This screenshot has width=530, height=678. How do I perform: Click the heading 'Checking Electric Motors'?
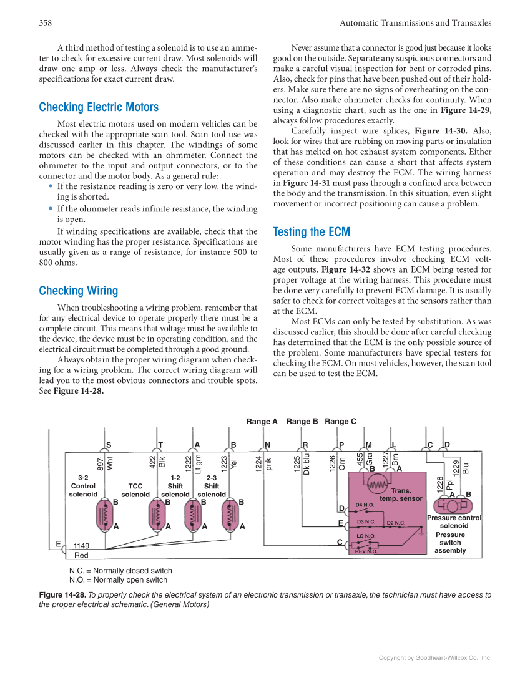(99, 107)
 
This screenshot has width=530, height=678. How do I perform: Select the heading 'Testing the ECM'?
(312, 232)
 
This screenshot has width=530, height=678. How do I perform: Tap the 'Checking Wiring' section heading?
(78, 291)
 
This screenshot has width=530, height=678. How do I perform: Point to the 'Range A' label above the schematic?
(262, 422)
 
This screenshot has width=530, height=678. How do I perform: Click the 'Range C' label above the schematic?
(340, 422)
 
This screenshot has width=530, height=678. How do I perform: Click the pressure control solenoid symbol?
(453, 506)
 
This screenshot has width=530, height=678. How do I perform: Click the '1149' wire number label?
(81, 546)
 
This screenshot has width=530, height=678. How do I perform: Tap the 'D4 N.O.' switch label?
(365, 505)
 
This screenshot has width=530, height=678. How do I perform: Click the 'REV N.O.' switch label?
(366, 551)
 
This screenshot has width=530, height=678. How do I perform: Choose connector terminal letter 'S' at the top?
(109, 445)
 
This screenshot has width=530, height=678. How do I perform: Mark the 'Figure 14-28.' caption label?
(62, 595)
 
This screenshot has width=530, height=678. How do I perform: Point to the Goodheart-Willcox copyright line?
(435, 657)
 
